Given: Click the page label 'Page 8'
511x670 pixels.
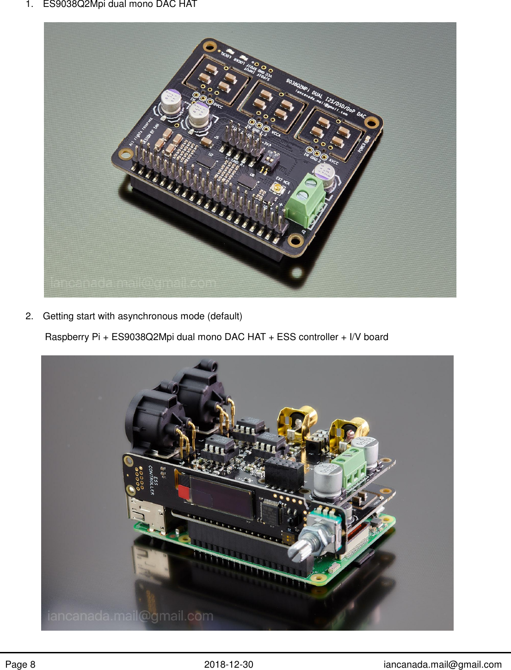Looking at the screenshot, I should [20, 665].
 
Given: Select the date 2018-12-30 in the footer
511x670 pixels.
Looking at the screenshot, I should [228, 665].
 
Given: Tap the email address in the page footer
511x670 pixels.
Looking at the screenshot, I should [442, 665].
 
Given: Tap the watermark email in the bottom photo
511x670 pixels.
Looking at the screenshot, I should [130, 616].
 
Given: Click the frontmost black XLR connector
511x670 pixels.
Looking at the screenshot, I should [155, 419].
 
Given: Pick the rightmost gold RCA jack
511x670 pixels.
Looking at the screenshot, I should [351, 430].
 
